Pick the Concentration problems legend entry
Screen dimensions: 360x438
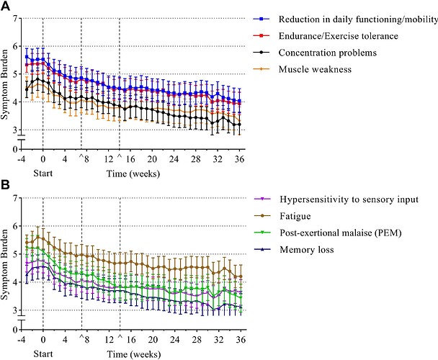point(327,53)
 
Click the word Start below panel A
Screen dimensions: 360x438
point(43,174)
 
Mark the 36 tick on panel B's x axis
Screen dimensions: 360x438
point(240,339)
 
